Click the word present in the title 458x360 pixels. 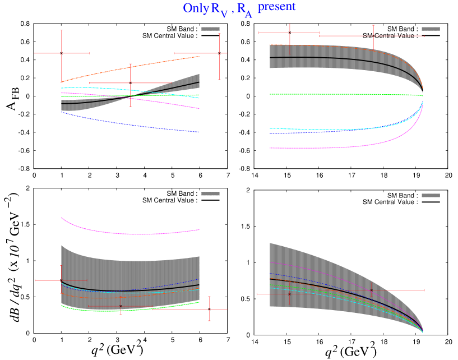coord(276,7)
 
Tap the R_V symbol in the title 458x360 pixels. coord(219,10)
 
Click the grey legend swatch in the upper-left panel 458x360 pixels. coord(210,29)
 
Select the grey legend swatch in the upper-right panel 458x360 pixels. coord(431,29)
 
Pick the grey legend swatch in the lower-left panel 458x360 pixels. coord(210,193)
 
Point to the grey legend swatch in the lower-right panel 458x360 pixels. coord(431,195)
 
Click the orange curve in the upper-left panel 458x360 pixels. coord(129,68)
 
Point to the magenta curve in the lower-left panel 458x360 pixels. coord(129,233)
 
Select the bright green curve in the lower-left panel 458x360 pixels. coord(129,310)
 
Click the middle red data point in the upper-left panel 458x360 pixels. coord(130,84)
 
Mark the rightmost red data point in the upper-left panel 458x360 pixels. coord(219,53)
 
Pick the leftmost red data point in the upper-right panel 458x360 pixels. coord(289,33)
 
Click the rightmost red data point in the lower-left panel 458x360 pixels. coord(209,309)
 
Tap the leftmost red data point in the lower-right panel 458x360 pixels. coord(289,294)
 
